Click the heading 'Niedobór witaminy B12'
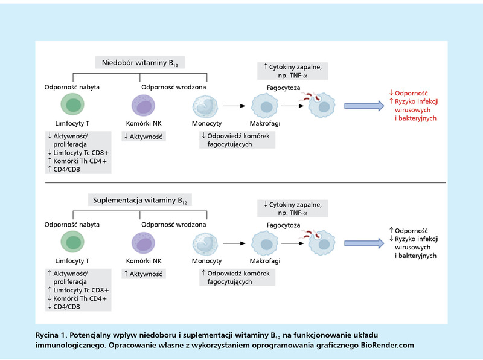pos(140,63)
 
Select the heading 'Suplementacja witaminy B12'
pos(140,201)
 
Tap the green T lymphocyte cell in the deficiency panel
pos(72,104)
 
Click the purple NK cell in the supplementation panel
pos(143,243)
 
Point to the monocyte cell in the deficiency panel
pos(205,106)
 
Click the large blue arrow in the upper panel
pos(364,106)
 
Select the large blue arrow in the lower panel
pos(364,243)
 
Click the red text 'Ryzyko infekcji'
pos(417,101)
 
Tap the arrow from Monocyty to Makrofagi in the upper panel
pos(234,106)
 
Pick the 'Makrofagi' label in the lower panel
pos(265,261)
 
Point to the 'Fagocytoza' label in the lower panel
pos(283,225)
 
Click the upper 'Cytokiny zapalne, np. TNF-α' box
pos(293,71)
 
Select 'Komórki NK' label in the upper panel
pos(144,123)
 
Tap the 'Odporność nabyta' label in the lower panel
pos(72,224)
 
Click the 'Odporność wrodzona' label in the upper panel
pos(174,87)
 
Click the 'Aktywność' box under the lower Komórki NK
pos(144,274)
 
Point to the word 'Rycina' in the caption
pos(47,335)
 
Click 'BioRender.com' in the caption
pos(388,346)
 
